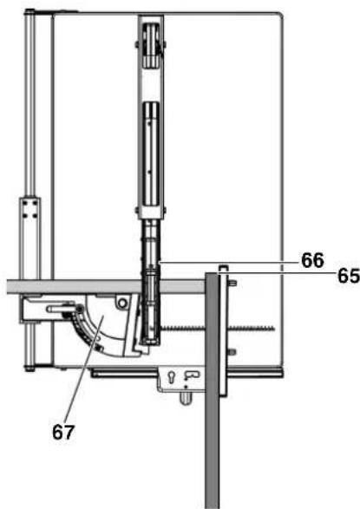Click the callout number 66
point(312,260)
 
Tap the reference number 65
point(349,277)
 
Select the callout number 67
point(63,433)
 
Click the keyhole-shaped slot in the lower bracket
point(171,377)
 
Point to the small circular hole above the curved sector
point(122,303)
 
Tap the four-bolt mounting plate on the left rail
point(29,208)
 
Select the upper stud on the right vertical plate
point(232,283)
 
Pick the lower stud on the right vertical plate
point(232,352)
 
